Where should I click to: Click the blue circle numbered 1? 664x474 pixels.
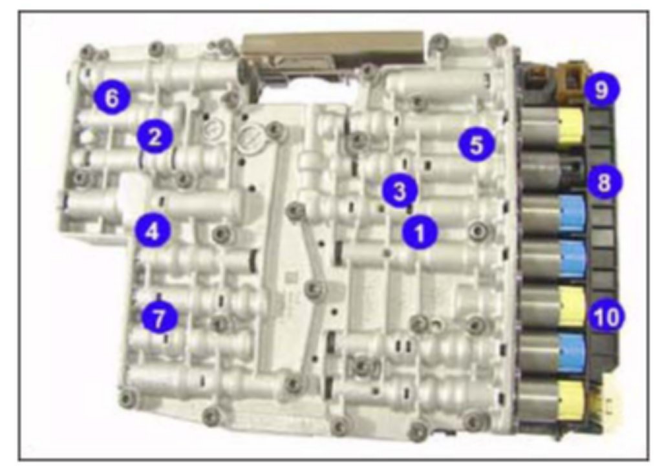point(420,232)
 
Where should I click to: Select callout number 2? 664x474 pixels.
point(155,136)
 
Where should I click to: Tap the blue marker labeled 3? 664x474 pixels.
point(400,191)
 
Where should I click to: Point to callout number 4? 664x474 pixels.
point(153,232)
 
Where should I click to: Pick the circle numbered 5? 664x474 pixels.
point(477,144)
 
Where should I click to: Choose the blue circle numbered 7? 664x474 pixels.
point(159,317)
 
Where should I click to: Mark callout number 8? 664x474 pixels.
point(605,182)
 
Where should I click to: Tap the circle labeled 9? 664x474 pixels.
point(601,90)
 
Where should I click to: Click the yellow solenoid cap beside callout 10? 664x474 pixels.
point(573,307)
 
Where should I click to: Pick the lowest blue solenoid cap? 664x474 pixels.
point(573,352)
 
